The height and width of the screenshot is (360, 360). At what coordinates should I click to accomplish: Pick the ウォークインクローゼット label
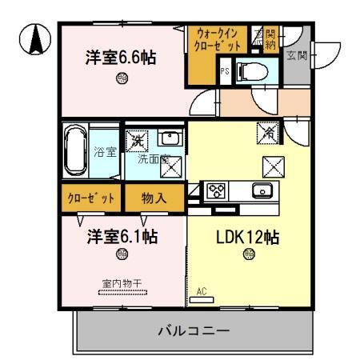coord(217,41)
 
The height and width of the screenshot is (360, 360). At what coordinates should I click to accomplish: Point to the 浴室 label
coord(105,152)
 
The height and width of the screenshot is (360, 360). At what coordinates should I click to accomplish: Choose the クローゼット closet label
coord(90,197)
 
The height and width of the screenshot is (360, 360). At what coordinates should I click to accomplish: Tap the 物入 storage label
coord(154,197)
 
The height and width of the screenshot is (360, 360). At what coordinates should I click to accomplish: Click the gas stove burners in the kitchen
coord(217,191)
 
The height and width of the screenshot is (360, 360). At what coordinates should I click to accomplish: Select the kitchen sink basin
coord(262,190)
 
